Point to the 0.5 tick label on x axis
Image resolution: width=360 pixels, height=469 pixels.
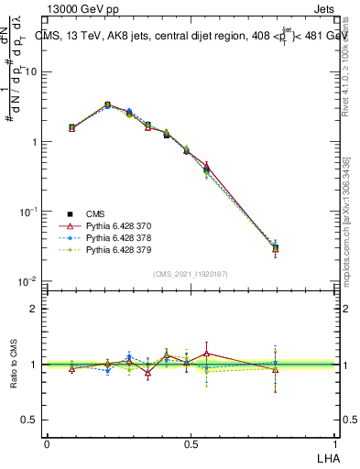[x=191, y=444]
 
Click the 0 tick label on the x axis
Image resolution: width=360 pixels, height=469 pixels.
[x=47, y=444]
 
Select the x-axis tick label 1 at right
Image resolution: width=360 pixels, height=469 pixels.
[x=334, y=444]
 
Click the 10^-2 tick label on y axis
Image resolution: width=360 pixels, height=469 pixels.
[x=29, y=281]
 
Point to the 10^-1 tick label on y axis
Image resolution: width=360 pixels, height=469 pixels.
[x=29, y=212]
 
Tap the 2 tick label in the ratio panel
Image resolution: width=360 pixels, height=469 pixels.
[x=34, y=309]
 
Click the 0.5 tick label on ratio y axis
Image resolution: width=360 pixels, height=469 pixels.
[x=29, y=420]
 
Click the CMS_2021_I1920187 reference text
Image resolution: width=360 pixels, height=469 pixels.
[x=191, y=273]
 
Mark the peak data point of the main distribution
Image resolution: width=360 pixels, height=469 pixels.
[x=108, y=105]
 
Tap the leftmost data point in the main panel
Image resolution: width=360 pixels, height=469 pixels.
[x=72, y=128]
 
